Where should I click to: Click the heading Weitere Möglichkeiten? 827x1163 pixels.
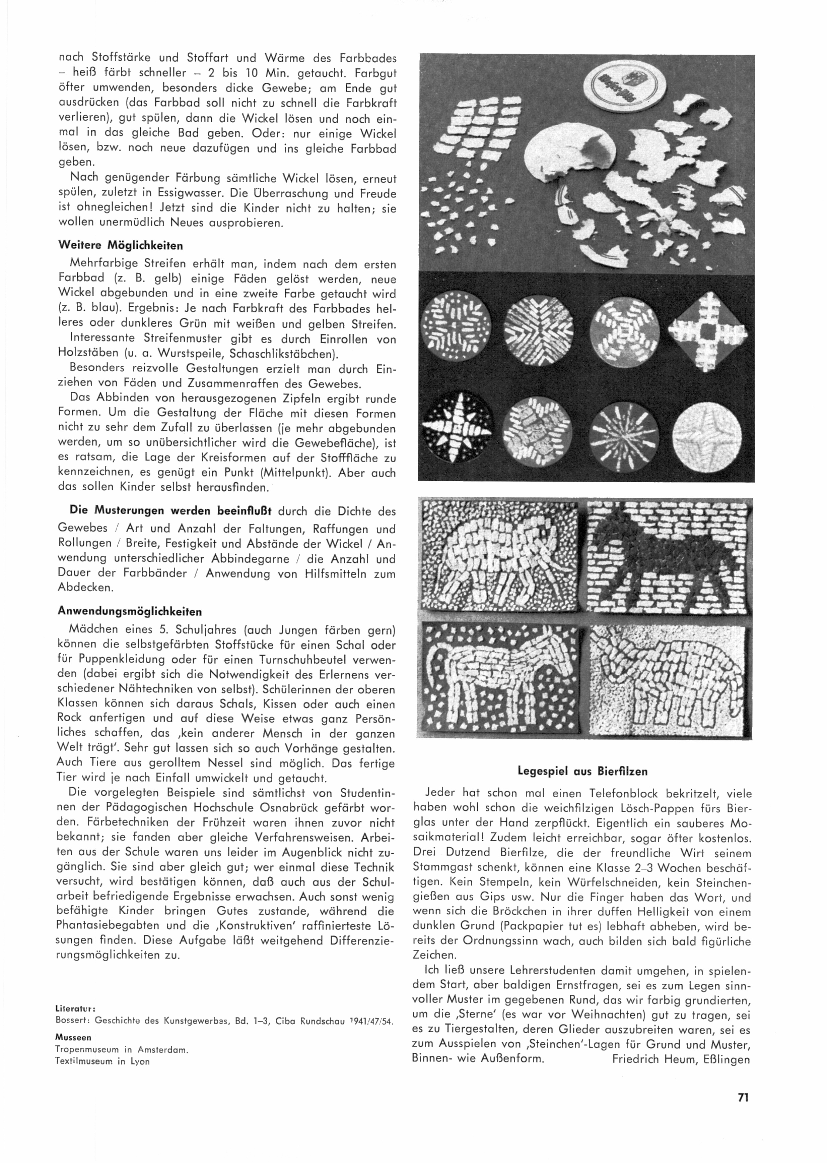120,246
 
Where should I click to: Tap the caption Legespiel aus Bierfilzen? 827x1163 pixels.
582,771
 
